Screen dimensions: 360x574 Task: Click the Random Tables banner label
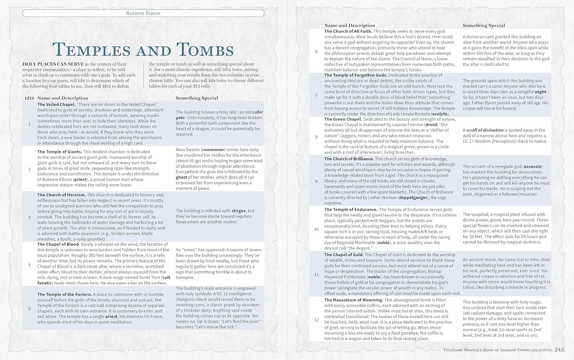[143, 13]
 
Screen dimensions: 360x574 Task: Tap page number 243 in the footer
[559, 350]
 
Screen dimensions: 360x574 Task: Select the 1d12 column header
[29, 98]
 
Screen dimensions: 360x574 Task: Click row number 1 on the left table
[29, 124]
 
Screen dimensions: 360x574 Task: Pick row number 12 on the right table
[316, 319]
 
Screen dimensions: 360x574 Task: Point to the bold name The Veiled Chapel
[56, 105]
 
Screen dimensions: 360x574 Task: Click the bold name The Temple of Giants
[59, 152]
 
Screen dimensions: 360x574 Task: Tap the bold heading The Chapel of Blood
[59, 244]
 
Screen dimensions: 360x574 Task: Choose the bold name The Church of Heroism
[61, 195]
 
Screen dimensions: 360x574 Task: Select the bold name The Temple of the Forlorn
[64, 295]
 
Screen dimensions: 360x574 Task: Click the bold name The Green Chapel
[343, 119]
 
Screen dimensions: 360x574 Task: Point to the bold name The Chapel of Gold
[344, 255]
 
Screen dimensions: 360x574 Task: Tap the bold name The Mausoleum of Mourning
[354, 300]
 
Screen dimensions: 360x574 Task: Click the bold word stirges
[238, 211]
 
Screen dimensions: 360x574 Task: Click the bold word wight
[540, 92]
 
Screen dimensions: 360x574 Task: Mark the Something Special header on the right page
[484, 26]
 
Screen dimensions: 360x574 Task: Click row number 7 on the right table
[316, 96]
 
